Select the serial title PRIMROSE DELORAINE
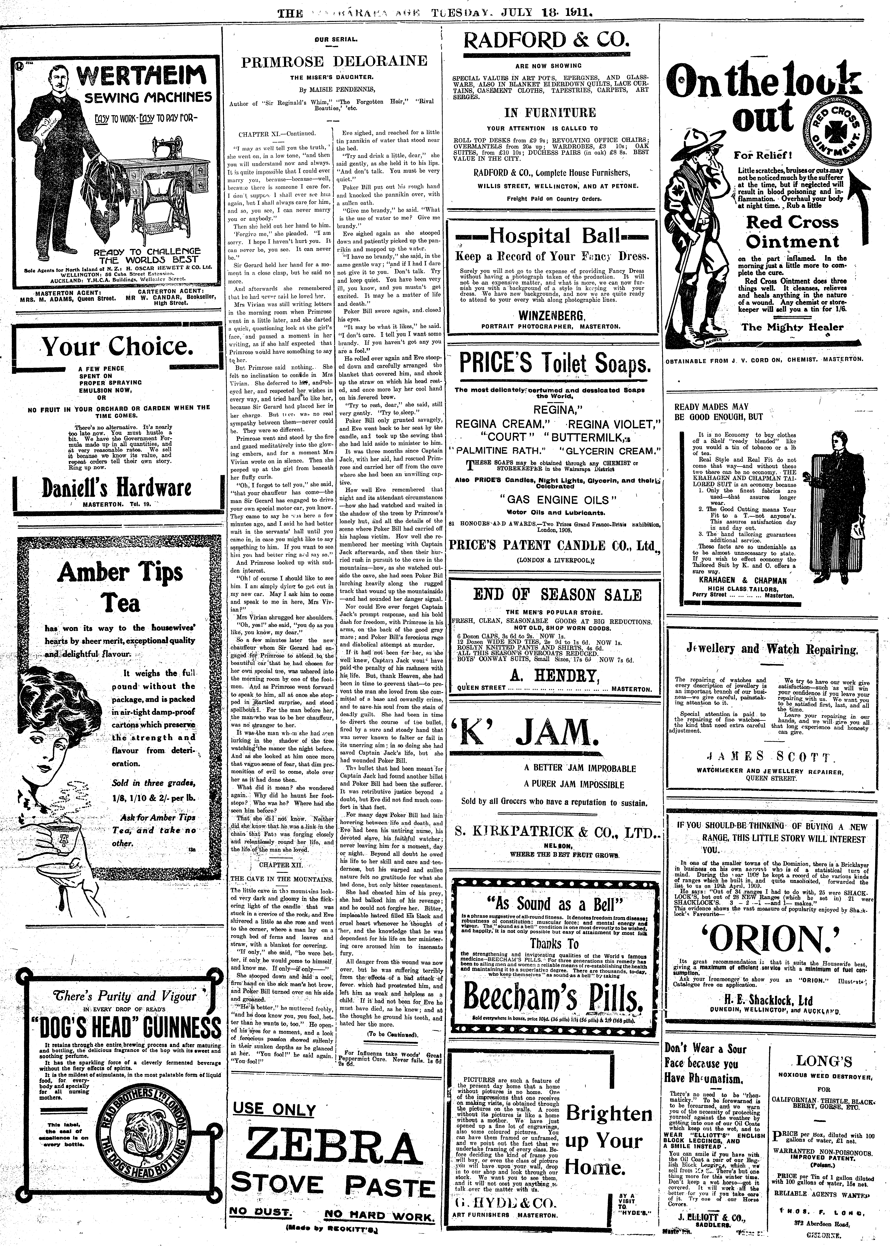pyautogui.click(x=334, y=61)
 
